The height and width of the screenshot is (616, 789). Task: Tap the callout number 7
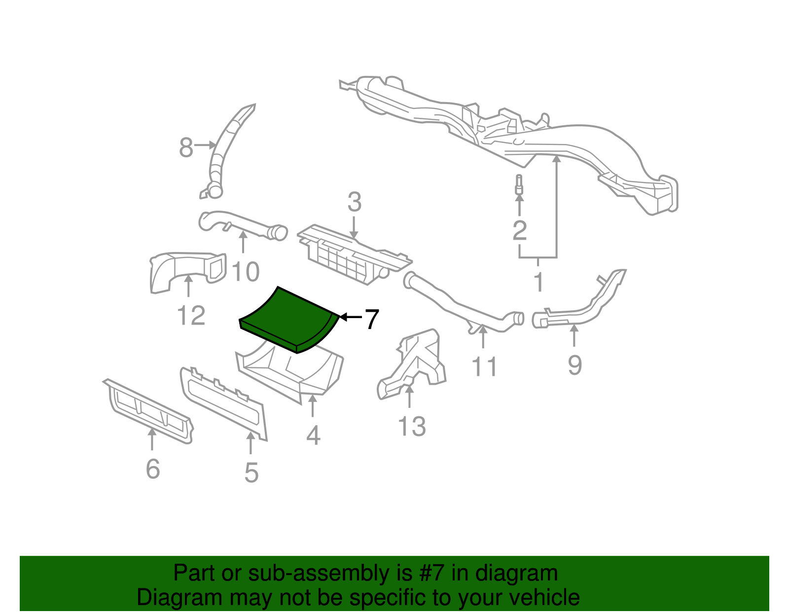(x=371, y=319)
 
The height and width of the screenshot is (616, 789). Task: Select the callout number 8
(x=186, y=147)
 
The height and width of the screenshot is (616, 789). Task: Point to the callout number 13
(x=412, y=427)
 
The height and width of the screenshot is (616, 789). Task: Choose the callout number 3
(x=354, y=203)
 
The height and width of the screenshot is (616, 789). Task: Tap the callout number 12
(x=191, y=316)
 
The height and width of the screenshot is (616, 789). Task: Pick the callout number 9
(x=574, y=365)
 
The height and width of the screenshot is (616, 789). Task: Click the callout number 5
(x=251, y=472)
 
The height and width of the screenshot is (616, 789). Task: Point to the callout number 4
(x=313, y=435)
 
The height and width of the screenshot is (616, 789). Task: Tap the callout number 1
(x=538, y=282)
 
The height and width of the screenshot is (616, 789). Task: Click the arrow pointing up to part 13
(x=409, y=397)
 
